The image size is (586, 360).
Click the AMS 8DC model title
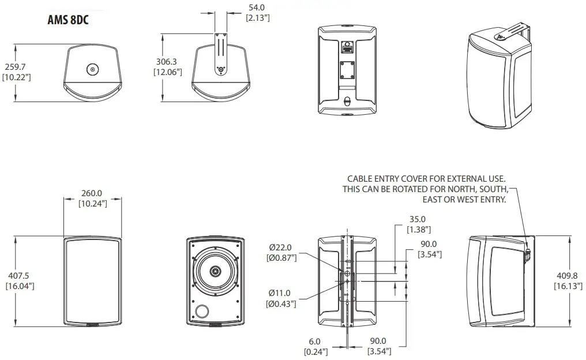(x=71, y=21)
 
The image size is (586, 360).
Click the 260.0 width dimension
(x=92, y=193)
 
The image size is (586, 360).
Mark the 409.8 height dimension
(x=568, y=276)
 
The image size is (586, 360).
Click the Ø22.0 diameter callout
(x=281, y=247)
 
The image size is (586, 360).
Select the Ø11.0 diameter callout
(x=281, y=293)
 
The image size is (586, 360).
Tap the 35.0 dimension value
(x=416, y=219)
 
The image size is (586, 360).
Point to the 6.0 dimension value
(x=315, y=342)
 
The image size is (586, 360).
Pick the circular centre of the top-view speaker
(x=92, y=70)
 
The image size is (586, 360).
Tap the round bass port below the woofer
(x=202, y=312)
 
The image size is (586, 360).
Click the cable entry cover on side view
(x=527, y=252)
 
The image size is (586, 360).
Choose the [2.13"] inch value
(x=258, y=18)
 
